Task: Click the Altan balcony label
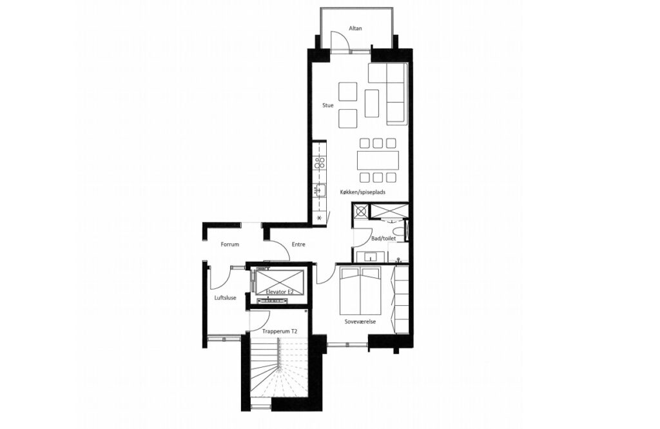[355, 28]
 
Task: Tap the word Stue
[328, 105]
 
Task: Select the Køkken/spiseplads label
[363, 192]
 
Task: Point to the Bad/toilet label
[383, 239]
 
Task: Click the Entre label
[298, 244]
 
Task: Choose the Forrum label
[230, 244]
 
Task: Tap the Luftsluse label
[225, 298]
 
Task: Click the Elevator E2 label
[280, 292]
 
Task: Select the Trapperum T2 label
[280, 332]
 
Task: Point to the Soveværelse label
[360, 321]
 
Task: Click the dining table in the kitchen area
[378, 160]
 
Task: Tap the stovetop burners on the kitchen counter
[320, 163]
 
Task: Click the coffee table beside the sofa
[372, 103]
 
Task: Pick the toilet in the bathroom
[397, 232]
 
